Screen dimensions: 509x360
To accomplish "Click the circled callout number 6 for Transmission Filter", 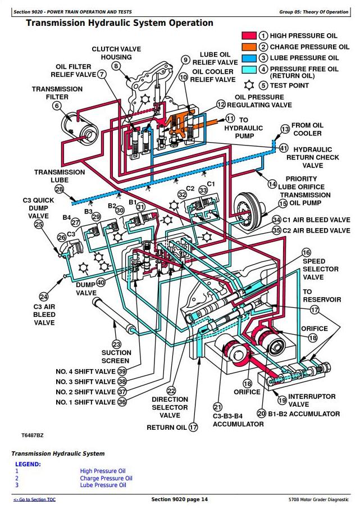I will pos(57,106).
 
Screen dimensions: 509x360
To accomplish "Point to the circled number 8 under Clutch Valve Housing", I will pos(116,66).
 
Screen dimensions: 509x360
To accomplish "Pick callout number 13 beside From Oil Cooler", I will pos(285,130).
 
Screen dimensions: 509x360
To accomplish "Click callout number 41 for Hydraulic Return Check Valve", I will pos(284,148).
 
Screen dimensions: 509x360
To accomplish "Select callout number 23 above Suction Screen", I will pos(116,344).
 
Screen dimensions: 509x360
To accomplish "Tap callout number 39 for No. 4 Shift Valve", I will pos(122,371).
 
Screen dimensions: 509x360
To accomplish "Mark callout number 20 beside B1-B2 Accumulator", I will pos(261,413).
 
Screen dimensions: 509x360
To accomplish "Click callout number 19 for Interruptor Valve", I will pos(282,401).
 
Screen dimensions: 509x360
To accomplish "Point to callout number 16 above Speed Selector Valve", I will pos(306,253).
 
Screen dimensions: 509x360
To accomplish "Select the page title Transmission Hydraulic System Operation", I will pos(119,23).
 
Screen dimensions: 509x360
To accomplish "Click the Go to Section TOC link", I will pos(34,499).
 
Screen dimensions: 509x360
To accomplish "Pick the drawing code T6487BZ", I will pos(32,435).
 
